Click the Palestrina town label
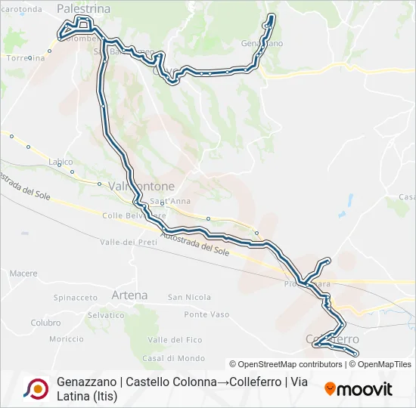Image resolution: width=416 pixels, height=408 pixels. [83, 8]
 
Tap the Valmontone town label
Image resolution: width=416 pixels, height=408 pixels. [141, 186]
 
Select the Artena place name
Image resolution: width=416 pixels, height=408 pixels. [129, 295]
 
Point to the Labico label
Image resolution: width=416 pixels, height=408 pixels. [61, 162]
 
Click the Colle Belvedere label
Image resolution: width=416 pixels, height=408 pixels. [134, 215]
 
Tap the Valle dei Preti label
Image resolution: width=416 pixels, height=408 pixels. [128, 242]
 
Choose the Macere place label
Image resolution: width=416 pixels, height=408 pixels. [23, 274]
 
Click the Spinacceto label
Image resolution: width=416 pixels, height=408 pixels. [76, 298]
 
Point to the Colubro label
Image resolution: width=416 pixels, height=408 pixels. [45, 323]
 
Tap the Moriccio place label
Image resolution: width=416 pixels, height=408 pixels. [67, 338]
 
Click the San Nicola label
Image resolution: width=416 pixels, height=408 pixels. [189, 297]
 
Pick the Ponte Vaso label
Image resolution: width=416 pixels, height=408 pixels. [206, 314]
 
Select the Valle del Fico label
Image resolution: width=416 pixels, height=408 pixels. [175, 339]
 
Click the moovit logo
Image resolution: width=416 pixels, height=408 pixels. [359, 389]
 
